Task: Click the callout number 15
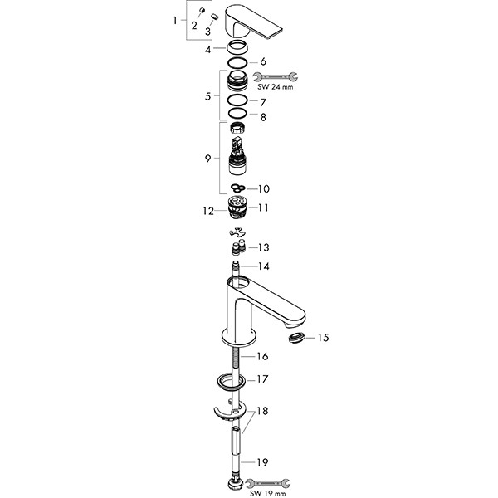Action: [x=323, y=338]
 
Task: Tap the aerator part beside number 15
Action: [x=296, y=337]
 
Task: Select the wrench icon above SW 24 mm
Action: [x=275, y=76]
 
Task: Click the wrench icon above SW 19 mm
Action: [x=268, y=483]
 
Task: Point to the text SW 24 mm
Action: [x=275, y=87]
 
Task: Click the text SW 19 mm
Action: [x=267, y=493]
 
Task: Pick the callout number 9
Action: [x=207, y=159]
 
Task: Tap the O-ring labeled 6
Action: [x=237, y=62]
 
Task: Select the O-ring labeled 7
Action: [x=237, y=100]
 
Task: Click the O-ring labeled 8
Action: [x=237, y=113]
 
